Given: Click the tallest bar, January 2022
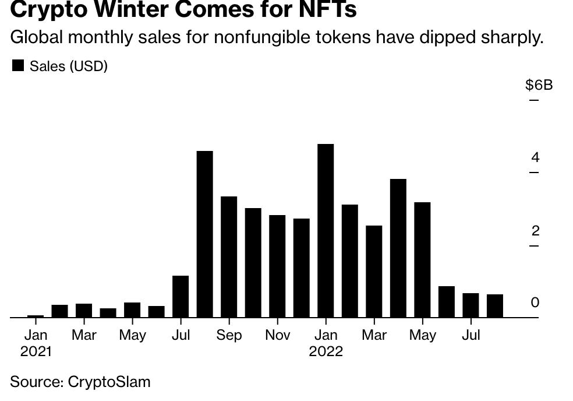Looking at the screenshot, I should [x=326, y=231].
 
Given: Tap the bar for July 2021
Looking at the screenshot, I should [x=181, y=297].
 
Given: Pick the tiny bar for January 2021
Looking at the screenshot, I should [x=36, y=316].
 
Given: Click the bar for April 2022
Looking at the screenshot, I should [x=398, y=248].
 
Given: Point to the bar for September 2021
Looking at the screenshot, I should [x=229, y=257].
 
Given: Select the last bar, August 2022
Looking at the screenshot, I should [x=495, y=306].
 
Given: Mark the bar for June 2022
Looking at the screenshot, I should [x=447, y=302].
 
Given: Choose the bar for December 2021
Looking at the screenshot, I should [x=302, y=268].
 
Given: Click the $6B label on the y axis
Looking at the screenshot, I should [x=539, y=85].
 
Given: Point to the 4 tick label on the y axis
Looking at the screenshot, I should [x=535, y=157].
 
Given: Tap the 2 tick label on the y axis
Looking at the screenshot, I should [x=535, y=231].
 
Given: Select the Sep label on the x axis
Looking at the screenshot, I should [x=229, y=335].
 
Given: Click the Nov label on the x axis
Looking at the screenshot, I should [x=277, y=335].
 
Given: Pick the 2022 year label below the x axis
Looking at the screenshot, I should [x=326, y=351].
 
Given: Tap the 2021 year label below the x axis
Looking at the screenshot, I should [x=36, y=351].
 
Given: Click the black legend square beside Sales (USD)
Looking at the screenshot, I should [x=18, y=66].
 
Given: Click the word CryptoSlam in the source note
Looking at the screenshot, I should [x=109, y=382].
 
